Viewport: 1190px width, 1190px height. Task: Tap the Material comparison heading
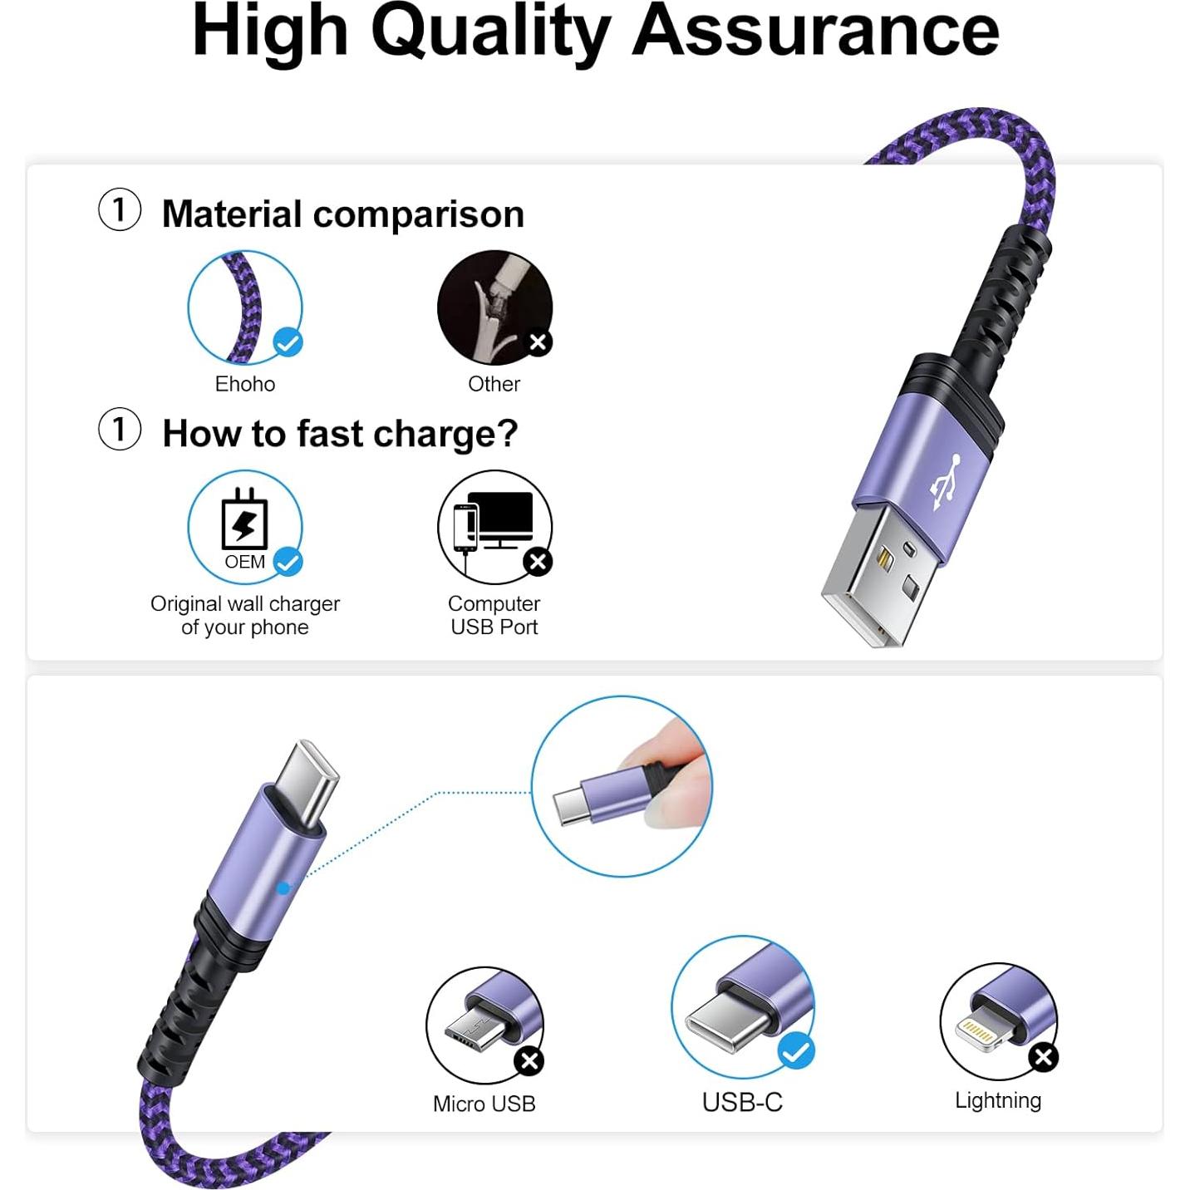pyautogui.click(x=342, y=214)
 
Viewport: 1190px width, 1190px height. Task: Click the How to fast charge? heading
pyautogui.click(x=340, y=434)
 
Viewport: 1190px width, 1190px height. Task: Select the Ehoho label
pyautogui.click(x=244, y=384)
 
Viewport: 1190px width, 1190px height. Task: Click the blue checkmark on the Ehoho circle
pyautogui.click(x=288, y=342)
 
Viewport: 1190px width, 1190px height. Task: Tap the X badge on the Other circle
pyautogui.click(x=538, y=342)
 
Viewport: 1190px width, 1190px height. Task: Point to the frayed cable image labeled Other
pyautogui.click(x=490, y=304)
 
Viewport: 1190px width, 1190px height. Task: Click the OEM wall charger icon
pyautogui.click(x=244, y=521)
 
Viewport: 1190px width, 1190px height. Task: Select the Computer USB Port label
pyautogui.click(x=494, y=615)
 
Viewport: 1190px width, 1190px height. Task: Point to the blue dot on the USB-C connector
pyautogui.click(x=283, y=888)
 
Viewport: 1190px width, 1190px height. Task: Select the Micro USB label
pyautogui.click(x=484, y=1104)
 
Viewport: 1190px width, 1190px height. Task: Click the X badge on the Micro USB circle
pyautogui.click(x=529, y=1060)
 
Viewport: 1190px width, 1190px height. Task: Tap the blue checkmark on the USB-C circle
pyautogui.click(x=795, y=1052)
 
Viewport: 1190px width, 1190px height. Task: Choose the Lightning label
pyautogui.click(x=997, y=1100)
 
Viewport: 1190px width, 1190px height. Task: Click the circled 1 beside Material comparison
pyautogui.click(x=120, y=209)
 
